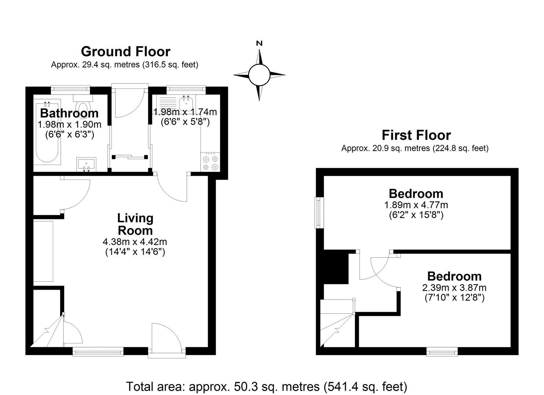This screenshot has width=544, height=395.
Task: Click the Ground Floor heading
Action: click(x=126, y=52)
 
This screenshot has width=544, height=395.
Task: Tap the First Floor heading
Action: click(x=416, y=135)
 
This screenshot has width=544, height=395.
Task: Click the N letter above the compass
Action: click(x=259, y=44)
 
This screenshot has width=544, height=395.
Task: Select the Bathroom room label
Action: click(x=69, y=113)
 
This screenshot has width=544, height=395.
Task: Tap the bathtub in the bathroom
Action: click(x=47, y=132)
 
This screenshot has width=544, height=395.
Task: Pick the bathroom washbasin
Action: click(x=86, y=164)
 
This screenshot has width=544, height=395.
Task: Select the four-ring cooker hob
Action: click(x=210, y=162)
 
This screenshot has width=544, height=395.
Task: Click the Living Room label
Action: click(x=135, y=224)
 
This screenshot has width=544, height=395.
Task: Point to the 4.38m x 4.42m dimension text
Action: click(x=135, y=242)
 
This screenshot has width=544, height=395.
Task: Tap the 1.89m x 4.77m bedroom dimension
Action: click(x=416, y=205)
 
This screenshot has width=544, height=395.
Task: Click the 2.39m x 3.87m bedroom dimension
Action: click(x=454, y=288)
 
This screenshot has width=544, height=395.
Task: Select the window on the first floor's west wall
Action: click(x=318, y=212)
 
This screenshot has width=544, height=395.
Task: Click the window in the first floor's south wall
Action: click(x=442, y=351)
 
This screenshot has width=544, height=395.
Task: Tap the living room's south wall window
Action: click(x=98, y=351)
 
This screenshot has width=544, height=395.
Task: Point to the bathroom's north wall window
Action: click(x=70, y=90)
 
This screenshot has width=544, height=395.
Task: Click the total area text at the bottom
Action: click(x=266, y=387)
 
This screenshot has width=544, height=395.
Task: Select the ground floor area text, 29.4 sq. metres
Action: click(x=125, y=65)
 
